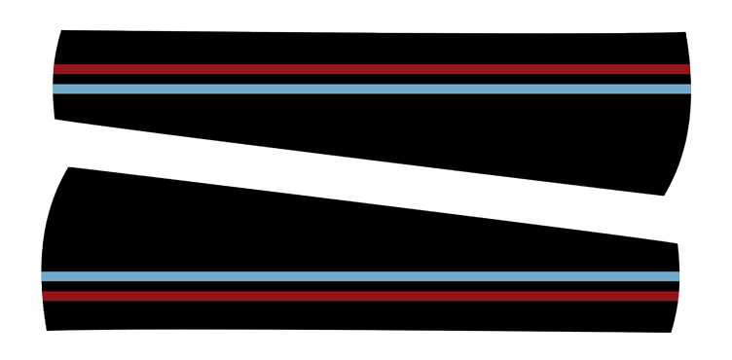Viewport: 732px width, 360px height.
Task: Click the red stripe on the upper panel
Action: pos(370,69)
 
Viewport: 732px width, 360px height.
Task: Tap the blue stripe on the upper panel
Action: pos(370,89)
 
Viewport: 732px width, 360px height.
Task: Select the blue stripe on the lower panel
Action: pos(360,276)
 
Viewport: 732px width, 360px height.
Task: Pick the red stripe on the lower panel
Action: pos(360,296)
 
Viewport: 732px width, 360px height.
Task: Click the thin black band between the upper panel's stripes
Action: pos(370,79)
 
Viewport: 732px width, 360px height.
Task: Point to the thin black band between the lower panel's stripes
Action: pos(360,286)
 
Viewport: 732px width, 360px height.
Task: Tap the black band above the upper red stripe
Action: pos(370,49)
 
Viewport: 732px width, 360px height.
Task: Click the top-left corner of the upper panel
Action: pos(62,31)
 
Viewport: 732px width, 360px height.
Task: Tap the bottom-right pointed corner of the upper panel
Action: pos(664,195)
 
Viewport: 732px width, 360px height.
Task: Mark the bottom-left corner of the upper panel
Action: pos(55,119)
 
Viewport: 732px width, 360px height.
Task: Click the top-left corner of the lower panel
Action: pos(68,168)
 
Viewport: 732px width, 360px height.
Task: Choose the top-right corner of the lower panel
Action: pos(676,243)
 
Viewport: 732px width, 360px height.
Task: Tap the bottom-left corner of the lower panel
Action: pos(47,330)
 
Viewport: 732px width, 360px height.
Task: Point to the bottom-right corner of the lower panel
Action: pos(672,332)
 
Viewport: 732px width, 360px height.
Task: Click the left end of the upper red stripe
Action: pos(55,69)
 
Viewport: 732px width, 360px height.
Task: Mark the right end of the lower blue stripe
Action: pos(677,276)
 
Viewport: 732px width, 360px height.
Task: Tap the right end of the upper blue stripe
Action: pos(688,89)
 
